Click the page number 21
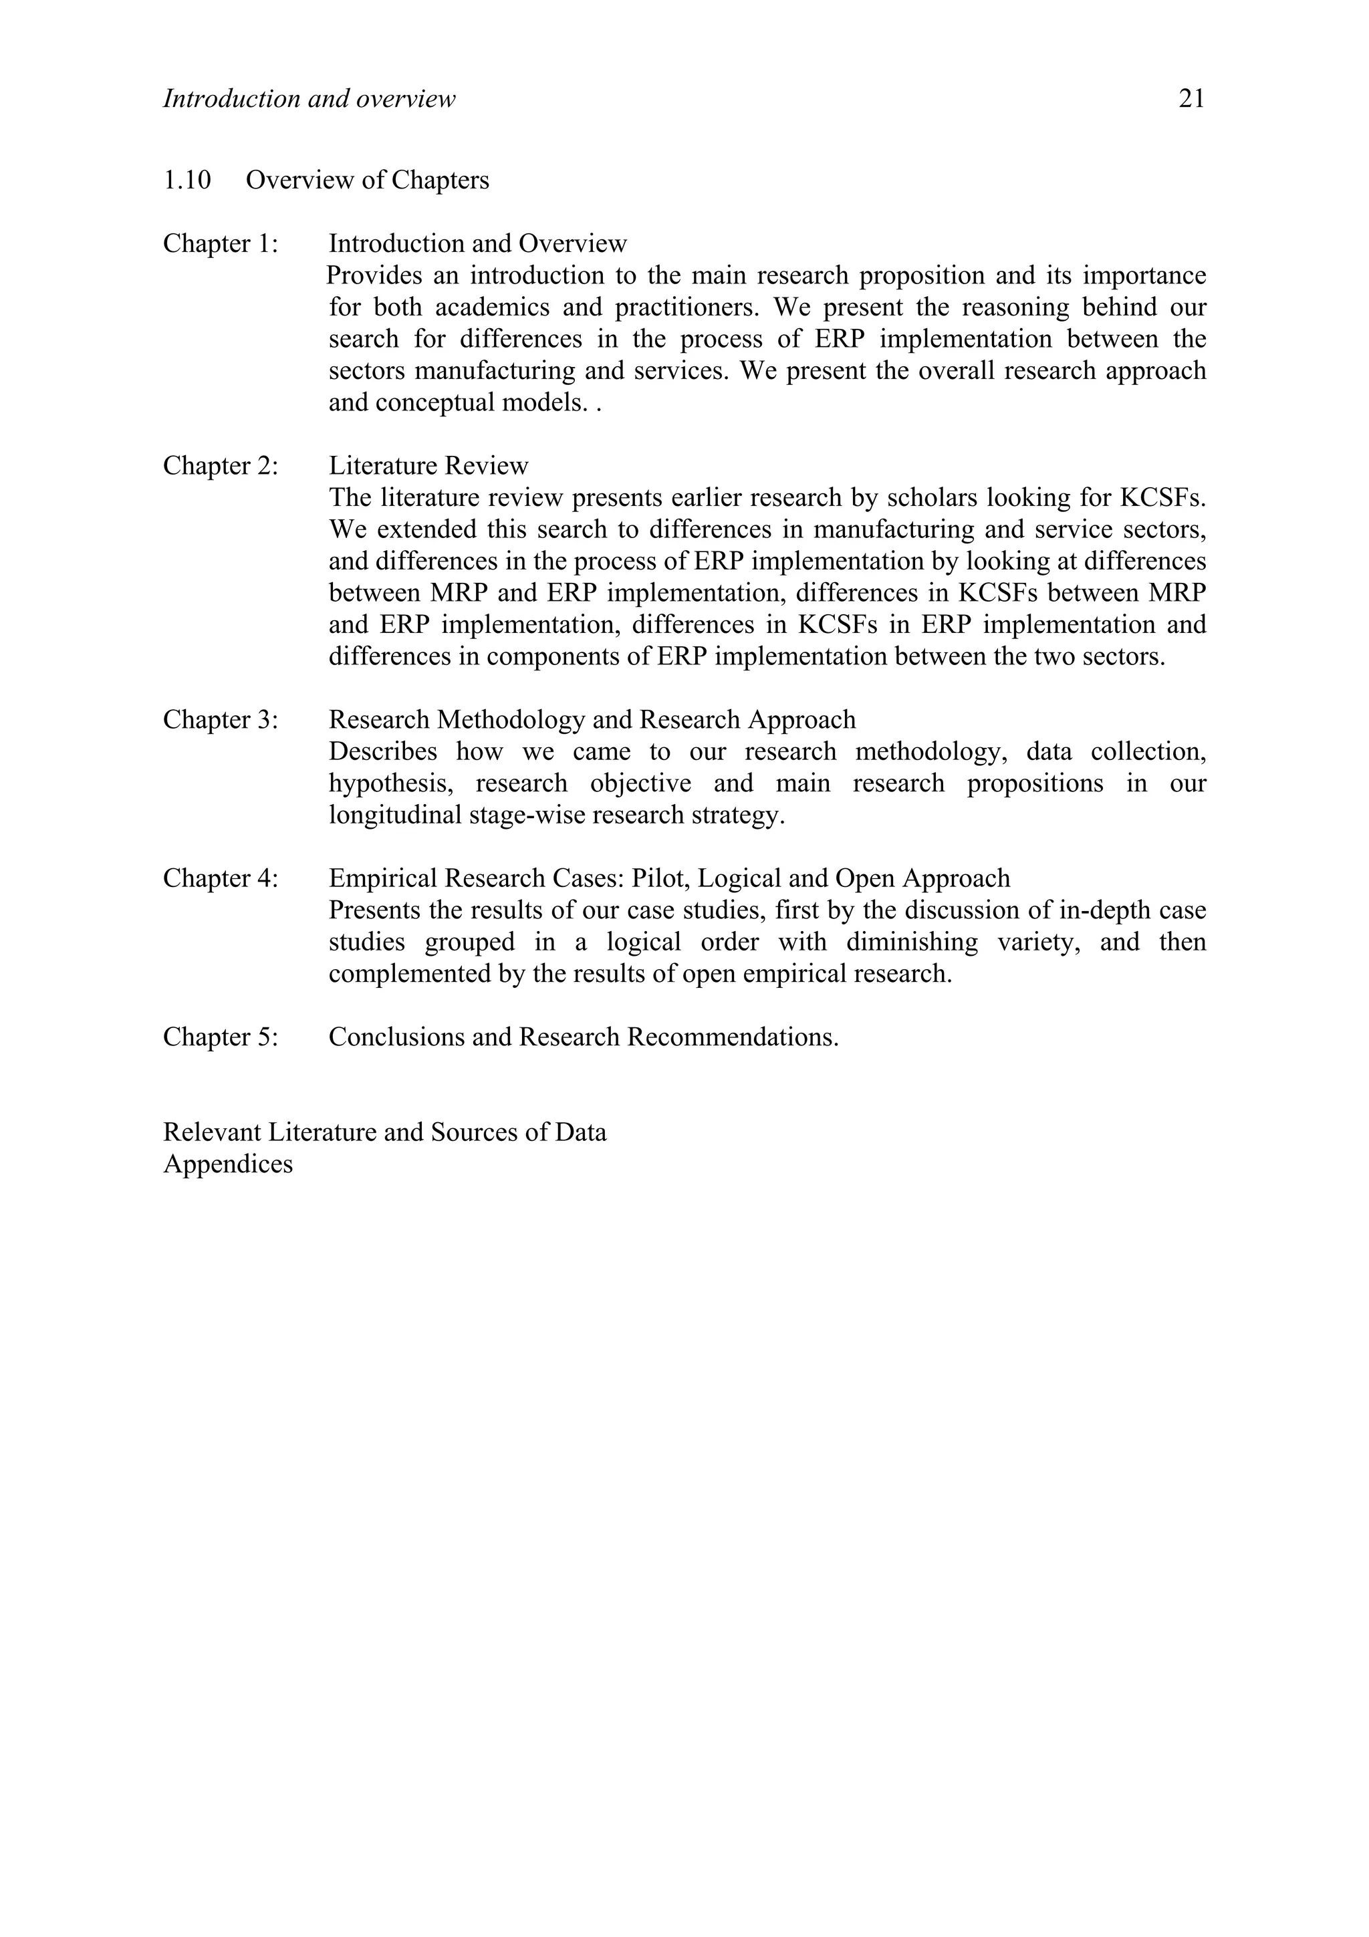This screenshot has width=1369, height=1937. pos(1191,100)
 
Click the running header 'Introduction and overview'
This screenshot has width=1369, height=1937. pos(309,100)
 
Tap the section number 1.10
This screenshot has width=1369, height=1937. pos(186,180)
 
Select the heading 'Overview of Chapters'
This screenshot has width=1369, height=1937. pos(367,180)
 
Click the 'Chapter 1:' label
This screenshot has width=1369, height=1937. pos(220,244)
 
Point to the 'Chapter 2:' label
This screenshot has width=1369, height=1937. pos(220,467)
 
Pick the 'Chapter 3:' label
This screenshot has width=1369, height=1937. pos(220,720)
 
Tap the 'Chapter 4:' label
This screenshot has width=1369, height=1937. pos(220,878)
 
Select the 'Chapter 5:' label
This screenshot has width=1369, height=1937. pos(220,1037)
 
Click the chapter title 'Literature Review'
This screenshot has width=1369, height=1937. pos(428,467)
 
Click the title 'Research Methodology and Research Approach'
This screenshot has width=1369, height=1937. pos(592,720)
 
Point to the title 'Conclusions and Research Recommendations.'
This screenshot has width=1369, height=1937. pos(584,1037)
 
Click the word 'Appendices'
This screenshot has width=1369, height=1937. pos(228,1164)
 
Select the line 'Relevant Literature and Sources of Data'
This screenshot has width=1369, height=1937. pos(384,1132)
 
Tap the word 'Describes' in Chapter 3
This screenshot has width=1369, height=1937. pos(383,752)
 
